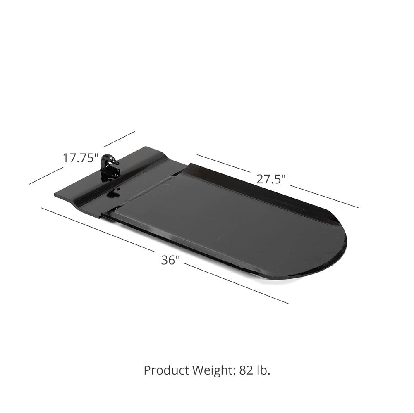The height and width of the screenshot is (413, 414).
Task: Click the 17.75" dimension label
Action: click(80, 158)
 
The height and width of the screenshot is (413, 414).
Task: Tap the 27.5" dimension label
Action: click(271, 179)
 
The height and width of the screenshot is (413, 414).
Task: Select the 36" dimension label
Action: click(170, 260)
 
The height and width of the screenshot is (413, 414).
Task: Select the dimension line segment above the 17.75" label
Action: click(119, 139)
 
